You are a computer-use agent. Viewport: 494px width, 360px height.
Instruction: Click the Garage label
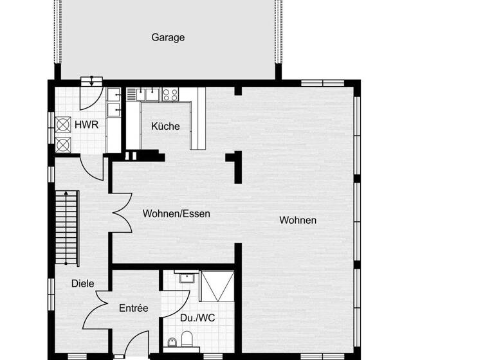click(168, 37)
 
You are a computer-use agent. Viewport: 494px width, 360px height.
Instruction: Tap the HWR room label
click(86, 124)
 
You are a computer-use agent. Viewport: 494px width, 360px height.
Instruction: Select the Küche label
click(165, 126)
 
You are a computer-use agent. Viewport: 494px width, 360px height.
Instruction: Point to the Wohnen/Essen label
click(176, 213)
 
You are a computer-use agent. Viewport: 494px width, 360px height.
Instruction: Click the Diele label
click(82, 283)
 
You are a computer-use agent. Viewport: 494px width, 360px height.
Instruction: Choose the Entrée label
click(134, 309)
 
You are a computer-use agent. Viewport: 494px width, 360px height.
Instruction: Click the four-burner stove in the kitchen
click(170, 94)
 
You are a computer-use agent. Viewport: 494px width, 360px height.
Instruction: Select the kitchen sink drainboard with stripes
click(133, 94)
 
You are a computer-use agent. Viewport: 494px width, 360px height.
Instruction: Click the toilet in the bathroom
click(187, 339)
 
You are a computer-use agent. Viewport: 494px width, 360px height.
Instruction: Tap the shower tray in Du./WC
click(215, 286)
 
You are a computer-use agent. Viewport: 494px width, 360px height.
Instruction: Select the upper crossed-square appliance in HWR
click(63, 125)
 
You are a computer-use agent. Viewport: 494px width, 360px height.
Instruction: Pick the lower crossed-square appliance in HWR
click(63, 144)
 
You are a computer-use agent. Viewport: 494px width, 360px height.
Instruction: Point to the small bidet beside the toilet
click(171, 343)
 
